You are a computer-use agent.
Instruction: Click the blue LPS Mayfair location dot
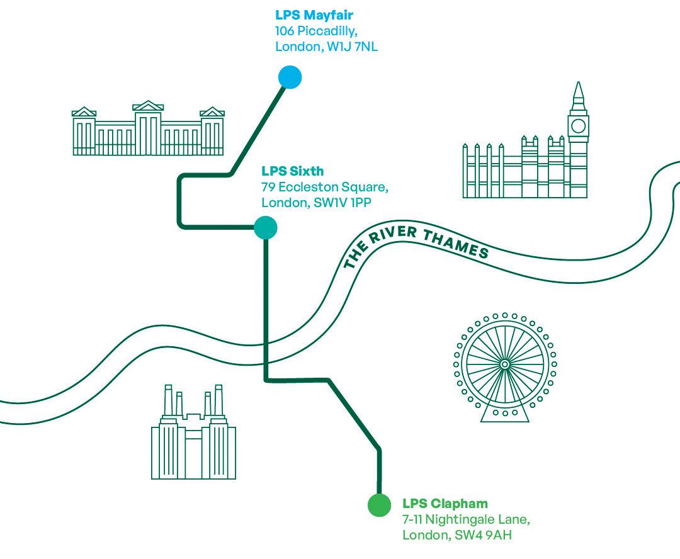click(290, 77)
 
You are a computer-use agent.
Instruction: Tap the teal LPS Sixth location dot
click(265, 228)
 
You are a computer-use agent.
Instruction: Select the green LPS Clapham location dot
click(379, 505)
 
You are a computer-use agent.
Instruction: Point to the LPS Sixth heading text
click(292, 171)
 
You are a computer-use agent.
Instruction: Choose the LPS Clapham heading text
click(445, 504)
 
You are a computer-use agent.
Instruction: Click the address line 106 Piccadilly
click(316, 31)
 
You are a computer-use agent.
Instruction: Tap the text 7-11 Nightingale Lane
click(466, 520)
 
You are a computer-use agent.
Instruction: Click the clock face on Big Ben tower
click(578, 126)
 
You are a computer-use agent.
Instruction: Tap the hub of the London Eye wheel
click(504, 364)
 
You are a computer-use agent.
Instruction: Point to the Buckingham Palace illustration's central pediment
click(148, 106)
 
